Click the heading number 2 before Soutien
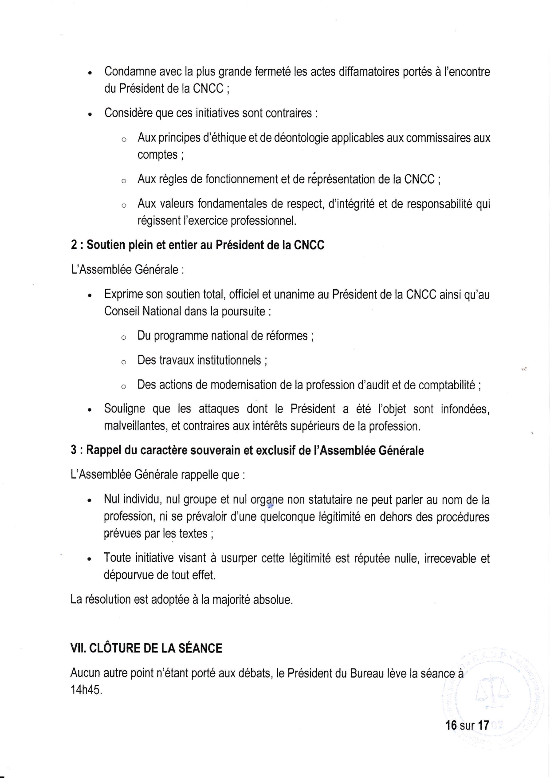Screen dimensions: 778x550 pyautogui.click(x=74, y=245)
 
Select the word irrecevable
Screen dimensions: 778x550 pyautogui.click(x=450, y=558)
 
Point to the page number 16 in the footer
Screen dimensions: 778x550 pyautogui.click(x=451, y=726)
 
